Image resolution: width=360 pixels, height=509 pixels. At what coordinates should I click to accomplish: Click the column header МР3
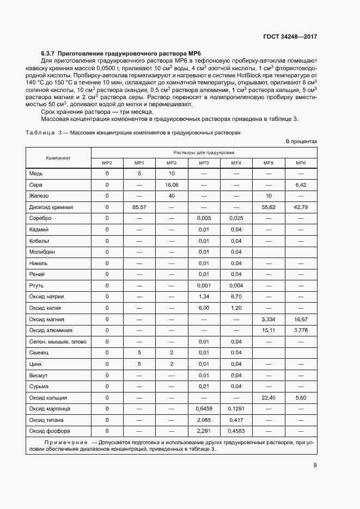tap(204, 163)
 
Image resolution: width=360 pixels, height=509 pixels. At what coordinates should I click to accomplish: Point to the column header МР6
tap(301, 163)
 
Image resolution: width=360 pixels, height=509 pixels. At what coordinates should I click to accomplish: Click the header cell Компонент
tap(58, 158)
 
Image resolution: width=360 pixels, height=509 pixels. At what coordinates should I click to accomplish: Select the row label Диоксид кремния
tap(51, 207)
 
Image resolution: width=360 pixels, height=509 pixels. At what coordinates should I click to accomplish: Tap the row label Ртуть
tap(37, 285)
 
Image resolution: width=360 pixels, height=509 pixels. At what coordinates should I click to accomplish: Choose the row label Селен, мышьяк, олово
tap(58, 341)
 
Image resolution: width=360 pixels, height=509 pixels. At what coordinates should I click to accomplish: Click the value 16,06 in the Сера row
tap(172, 185)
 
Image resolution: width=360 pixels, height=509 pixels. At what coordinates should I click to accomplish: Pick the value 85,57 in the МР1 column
tap(139, 207)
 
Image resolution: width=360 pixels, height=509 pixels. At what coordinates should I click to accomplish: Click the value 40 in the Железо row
tap(172, 195)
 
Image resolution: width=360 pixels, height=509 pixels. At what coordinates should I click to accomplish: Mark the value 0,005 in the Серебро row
tap(204, 218)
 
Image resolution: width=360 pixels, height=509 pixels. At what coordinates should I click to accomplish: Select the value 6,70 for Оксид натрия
tap(236, 297)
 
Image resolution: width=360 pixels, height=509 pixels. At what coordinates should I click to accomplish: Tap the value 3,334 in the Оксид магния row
tap(269, 319)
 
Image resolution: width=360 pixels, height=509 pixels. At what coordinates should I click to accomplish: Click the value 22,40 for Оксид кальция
tap(269, 397)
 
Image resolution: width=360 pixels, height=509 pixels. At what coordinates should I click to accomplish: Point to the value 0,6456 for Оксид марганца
tap(204, 408)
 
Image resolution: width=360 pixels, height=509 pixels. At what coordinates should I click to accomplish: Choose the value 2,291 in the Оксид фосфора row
tap(204, 431)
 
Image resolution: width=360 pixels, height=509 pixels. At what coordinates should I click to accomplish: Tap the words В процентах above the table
tap(301, 142)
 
